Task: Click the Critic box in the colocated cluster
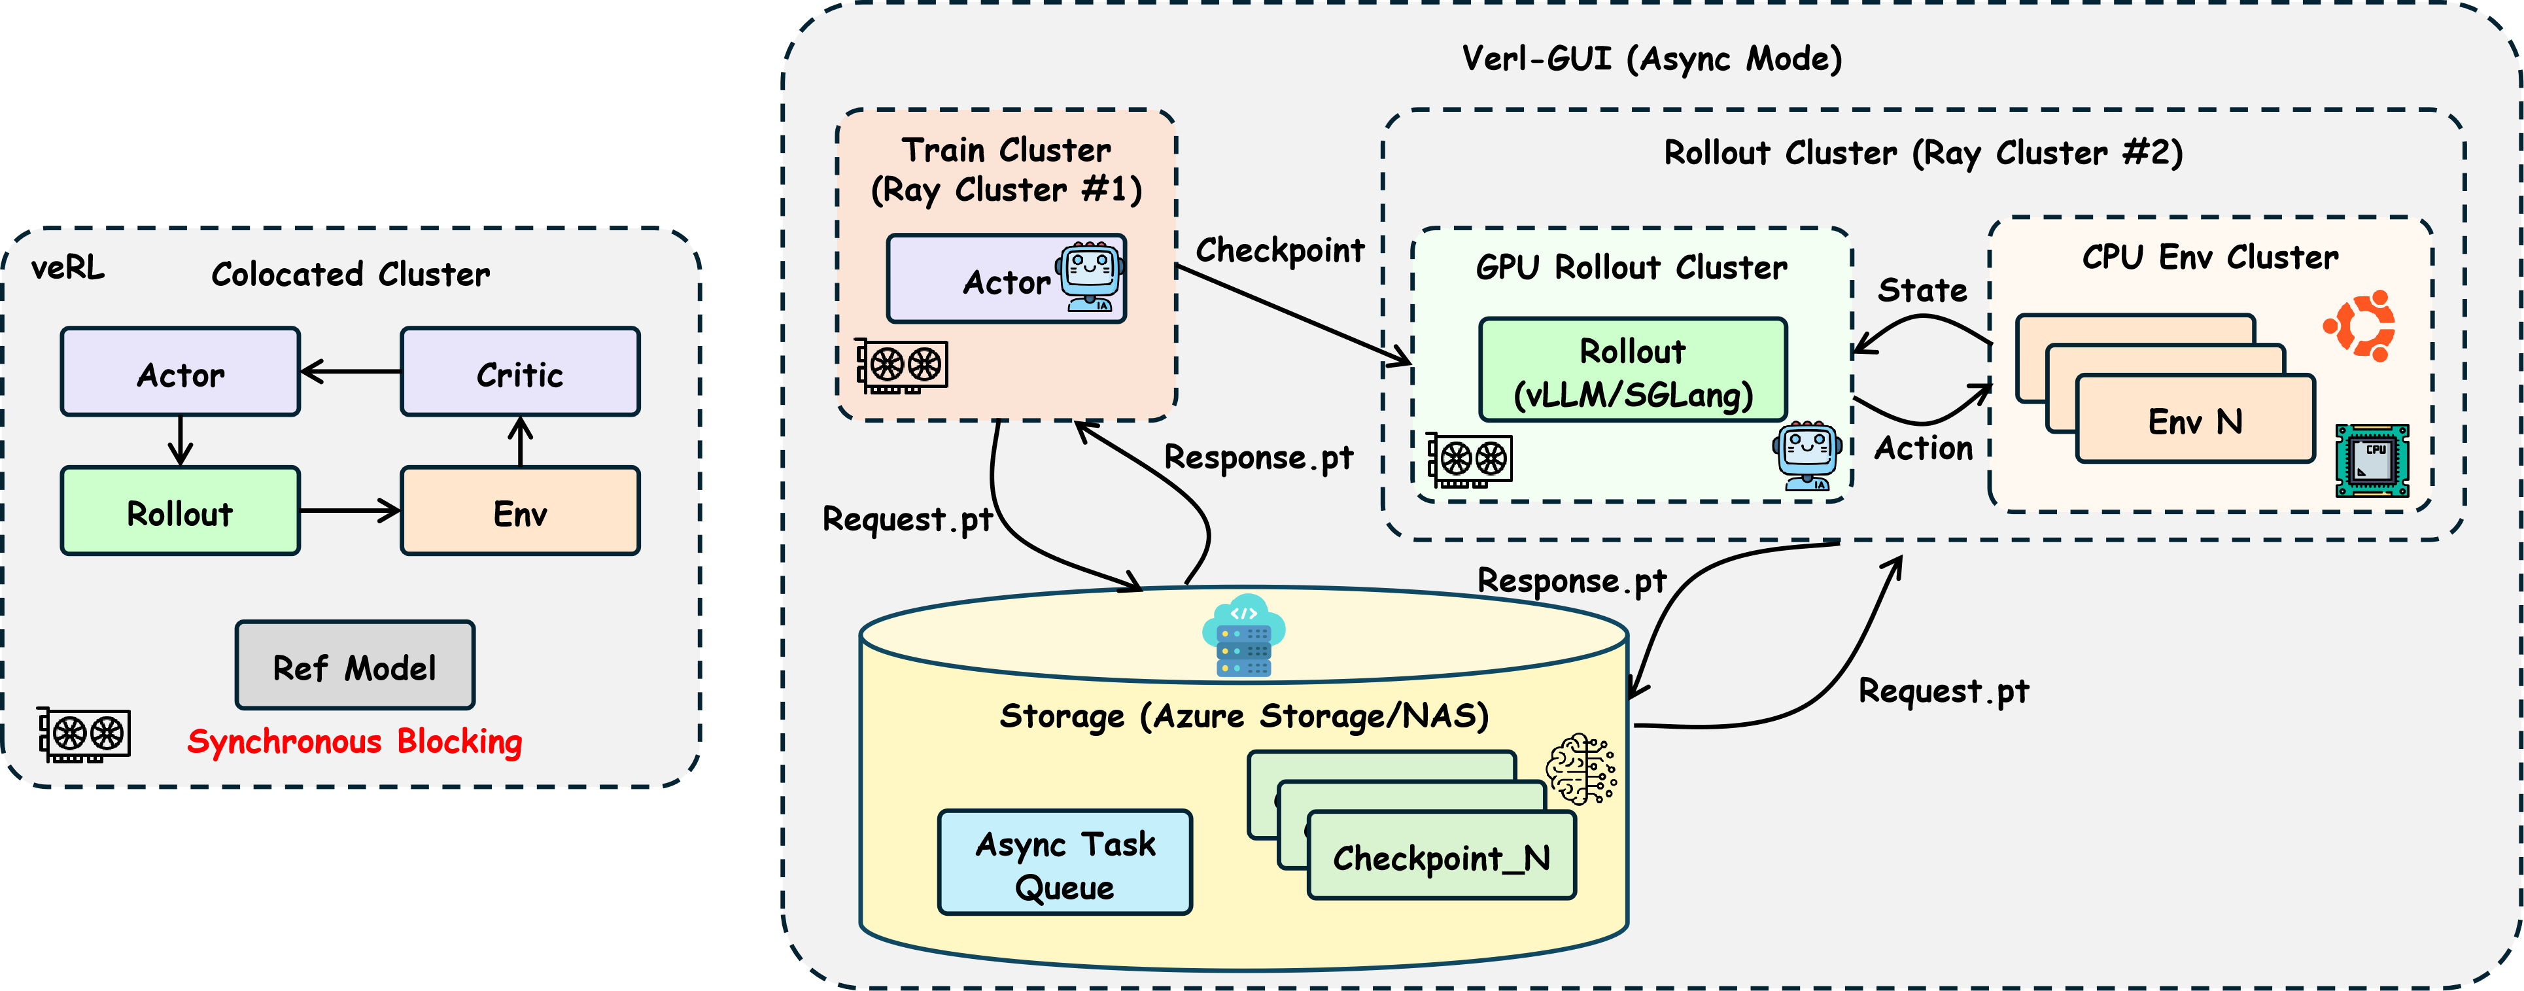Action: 519,372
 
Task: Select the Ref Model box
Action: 354,667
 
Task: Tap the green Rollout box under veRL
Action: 181,512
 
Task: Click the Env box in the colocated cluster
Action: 519,512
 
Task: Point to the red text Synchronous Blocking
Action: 354,741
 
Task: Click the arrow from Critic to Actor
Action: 351,372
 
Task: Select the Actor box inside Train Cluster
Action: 1007,279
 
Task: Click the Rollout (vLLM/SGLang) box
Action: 1633,370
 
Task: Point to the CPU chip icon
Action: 2372,461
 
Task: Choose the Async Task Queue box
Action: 1065,863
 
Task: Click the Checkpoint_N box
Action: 1442,858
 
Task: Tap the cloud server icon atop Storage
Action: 1243,635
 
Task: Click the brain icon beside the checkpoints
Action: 1580,769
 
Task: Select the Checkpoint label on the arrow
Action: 1279,251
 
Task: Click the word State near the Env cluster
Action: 1922,290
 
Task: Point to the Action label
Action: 1924,448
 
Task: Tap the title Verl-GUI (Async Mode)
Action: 1652,59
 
